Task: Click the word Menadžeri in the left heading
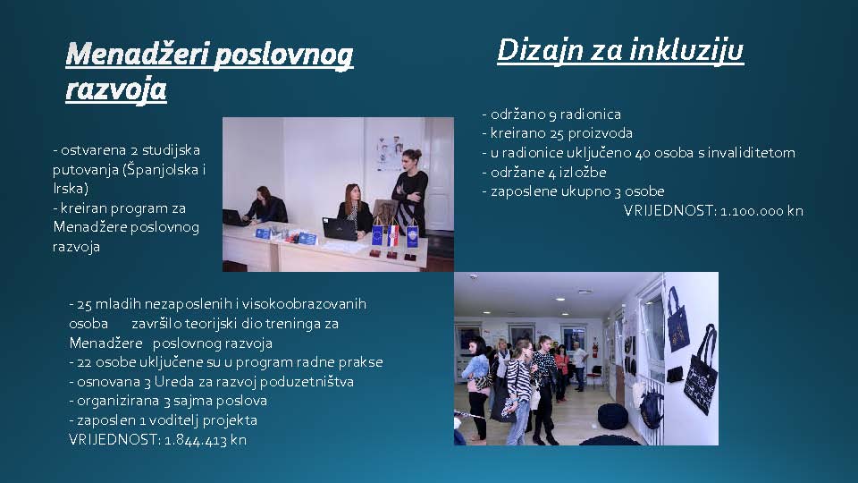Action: (138, 55)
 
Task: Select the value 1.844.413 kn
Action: (206, 440)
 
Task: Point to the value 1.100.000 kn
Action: (761, 211)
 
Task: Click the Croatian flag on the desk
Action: (393, 233)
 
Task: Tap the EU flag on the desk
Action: (377, 235)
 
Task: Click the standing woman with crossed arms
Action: (410, 191)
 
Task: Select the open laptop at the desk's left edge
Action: (235, 218)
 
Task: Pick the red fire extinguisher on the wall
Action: (595, 349)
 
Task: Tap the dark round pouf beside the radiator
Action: (613, 416)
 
